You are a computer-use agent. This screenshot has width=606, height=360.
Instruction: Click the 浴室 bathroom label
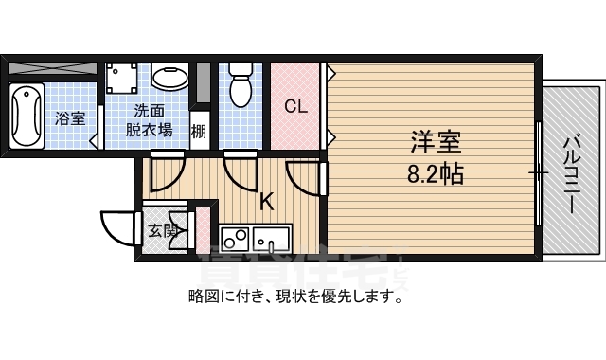(69, 119)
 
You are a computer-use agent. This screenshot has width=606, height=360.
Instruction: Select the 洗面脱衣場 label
(150, 119)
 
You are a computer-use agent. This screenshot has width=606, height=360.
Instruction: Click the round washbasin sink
(169, 77)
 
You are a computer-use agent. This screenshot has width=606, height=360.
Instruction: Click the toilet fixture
(241, 84)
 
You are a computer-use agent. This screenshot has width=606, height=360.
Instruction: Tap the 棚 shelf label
(200, 130)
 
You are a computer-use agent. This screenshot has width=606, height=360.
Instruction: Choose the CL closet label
(296, 106)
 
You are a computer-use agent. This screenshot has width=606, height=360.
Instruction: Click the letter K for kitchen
(267, 201)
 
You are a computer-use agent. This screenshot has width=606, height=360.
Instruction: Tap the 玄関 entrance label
(163, 229)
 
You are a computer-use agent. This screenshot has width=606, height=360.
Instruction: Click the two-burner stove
(235, 237)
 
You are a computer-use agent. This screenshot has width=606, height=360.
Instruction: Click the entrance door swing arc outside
(116, 227)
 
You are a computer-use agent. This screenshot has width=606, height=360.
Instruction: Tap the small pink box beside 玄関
(202, 228)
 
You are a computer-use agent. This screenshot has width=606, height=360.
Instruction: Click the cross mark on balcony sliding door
(538, 172)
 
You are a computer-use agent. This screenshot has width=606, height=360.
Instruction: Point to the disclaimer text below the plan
(295, 296)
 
